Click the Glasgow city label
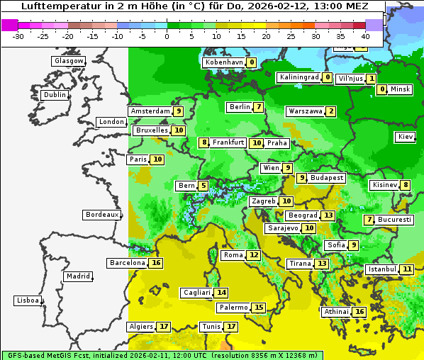[69, 61]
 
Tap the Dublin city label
[55, 95]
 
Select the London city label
[111, 122]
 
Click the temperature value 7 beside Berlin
[260, 107]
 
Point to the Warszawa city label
[306, 111]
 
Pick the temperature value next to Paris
[157, 159]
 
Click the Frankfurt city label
[228, 142]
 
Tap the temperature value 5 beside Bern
[203, 186]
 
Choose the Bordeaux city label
[102, 215]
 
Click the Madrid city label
[77, 276]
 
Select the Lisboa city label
[28, 300]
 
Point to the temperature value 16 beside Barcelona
[157, 263]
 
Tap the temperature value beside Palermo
[260, 308]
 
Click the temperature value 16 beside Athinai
[359, 312]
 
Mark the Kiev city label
[406, 137]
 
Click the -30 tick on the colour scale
[18, 35]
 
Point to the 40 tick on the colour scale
[365, 35]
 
